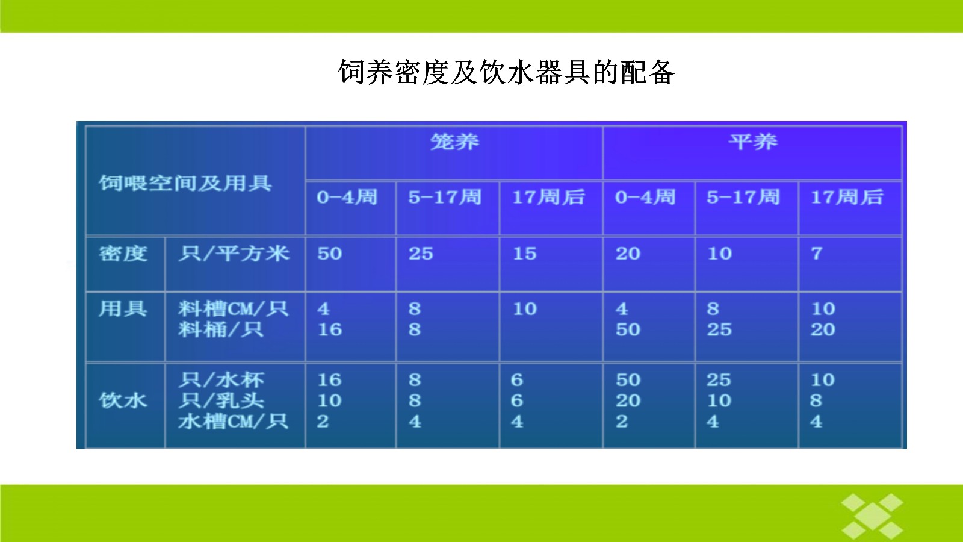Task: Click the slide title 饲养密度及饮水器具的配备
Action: (506, 72)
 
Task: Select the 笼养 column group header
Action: (454, 142)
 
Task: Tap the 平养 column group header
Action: (753, 142)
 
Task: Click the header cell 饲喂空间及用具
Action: (185, 183)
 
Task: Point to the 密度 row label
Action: (123, 254)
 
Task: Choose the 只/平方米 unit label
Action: (234, 254)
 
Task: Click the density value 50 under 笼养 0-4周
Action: (330, 254)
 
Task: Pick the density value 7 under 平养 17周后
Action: (817, 254)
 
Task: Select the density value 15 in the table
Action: (525, 254)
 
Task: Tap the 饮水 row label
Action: (123, 400)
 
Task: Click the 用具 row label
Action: (123, 308)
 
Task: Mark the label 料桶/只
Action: (221, 329)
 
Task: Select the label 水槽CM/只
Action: (234, 421)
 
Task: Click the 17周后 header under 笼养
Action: (549, 198)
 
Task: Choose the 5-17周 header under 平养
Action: (743, 198)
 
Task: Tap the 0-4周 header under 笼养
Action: (347, 198)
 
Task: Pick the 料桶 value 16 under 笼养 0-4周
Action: (330, 329)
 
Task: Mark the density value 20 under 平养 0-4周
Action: (628, 254)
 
